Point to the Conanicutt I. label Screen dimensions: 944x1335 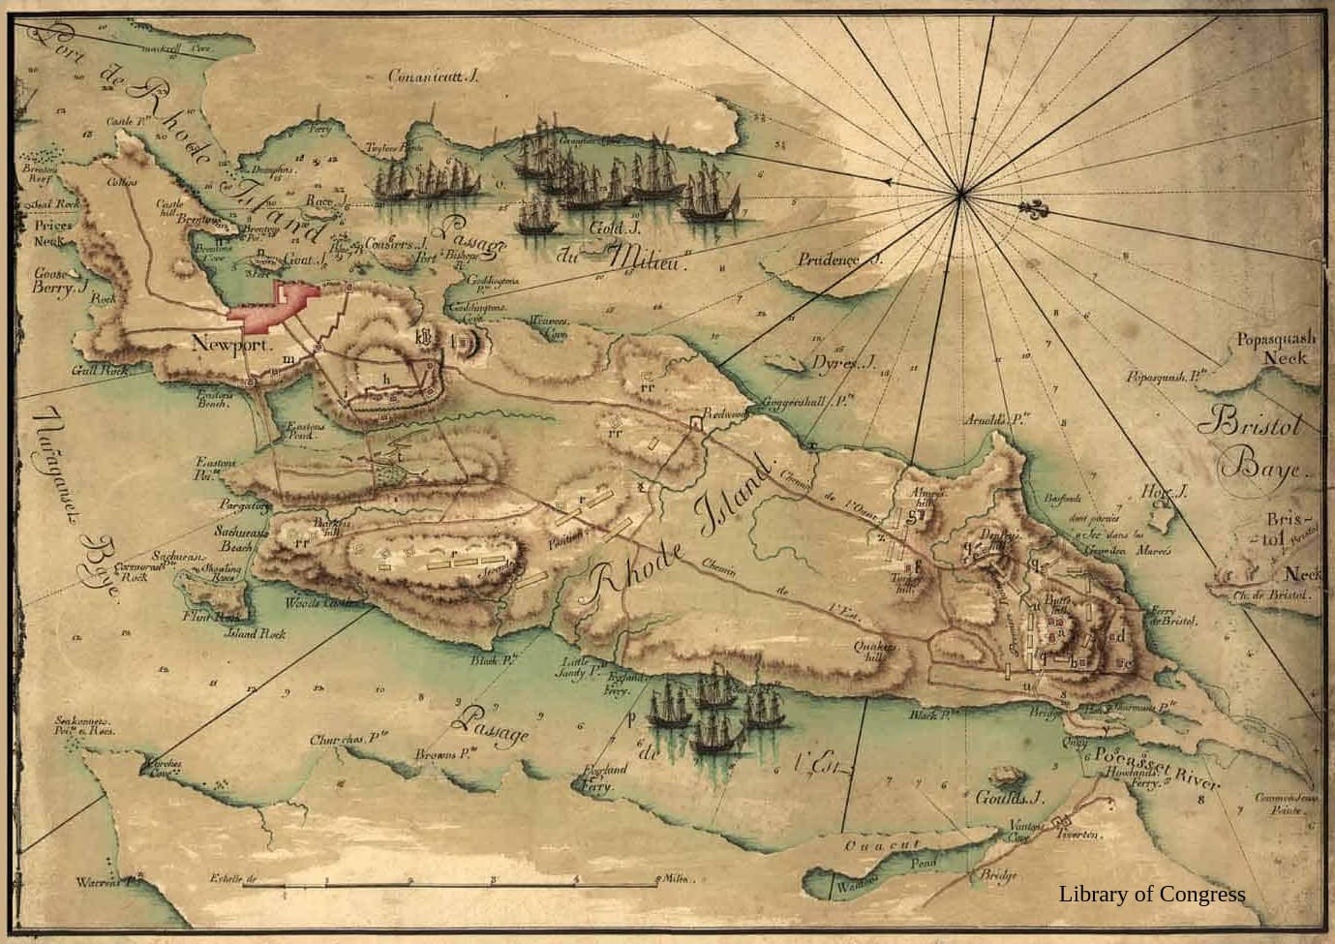[433, 76]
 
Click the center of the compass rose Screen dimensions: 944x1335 [960, 195]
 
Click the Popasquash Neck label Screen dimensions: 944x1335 [1276, 348]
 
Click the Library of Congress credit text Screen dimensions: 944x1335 [1151, 895]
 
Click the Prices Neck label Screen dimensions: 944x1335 [52, 232]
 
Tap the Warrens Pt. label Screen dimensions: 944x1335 [109, 882]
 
